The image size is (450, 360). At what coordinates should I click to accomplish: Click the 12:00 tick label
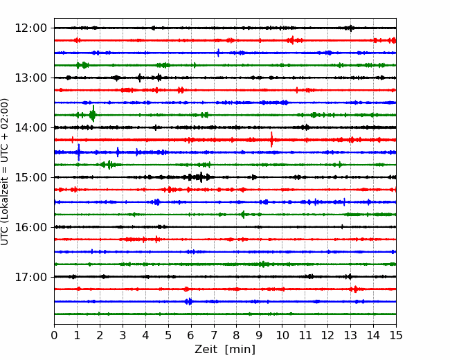(x=30, y=28)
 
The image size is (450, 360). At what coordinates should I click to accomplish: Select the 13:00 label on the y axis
(x=30, y=78)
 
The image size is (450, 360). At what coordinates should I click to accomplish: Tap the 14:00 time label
(x=30, y=127)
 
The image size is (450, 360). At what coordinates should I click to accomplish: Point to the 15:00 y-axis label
(x=30, y=177)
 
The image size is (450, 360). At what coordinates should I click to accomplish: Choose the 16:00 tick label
(x=30, y=227)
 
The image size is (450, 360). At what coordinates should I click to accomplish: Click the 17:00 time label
(x=30, y=277)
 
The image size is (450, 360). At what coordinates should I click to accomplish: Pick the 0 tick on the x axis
(x=54, y=335)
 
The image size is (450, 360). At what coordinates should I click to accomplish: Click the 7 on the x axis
(x=214, y=335)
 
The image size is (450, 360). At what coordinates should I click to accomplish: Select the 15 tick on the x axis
(x=396, y=335)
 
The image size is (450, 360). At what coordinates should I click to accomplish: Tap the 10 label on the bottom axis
(x=282, y=335)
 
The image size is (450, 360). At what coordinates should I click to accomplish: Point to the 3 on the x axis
(x=123, y=335)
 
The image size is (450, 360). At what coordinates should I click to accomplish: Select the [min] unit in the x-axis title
(x=240, y=350)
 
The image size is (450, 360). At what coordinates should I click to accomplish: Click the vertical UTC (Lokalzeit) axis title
(x=4, y=172)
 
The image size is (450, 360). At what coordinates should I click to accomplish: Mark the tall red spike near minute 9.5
(x=271, y=140)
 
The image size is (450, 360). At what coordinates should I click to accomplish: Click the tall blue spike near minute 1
(x=79, y=152)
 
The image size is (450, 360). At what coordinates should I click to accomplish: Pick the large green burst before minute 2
(x=93, y=114)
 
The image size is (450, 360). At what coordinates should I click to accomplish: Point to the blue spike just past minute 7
(x=218, y=53)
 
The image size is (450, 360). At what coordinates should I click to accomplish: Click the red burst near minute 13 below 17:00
(x=355, y=289)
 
